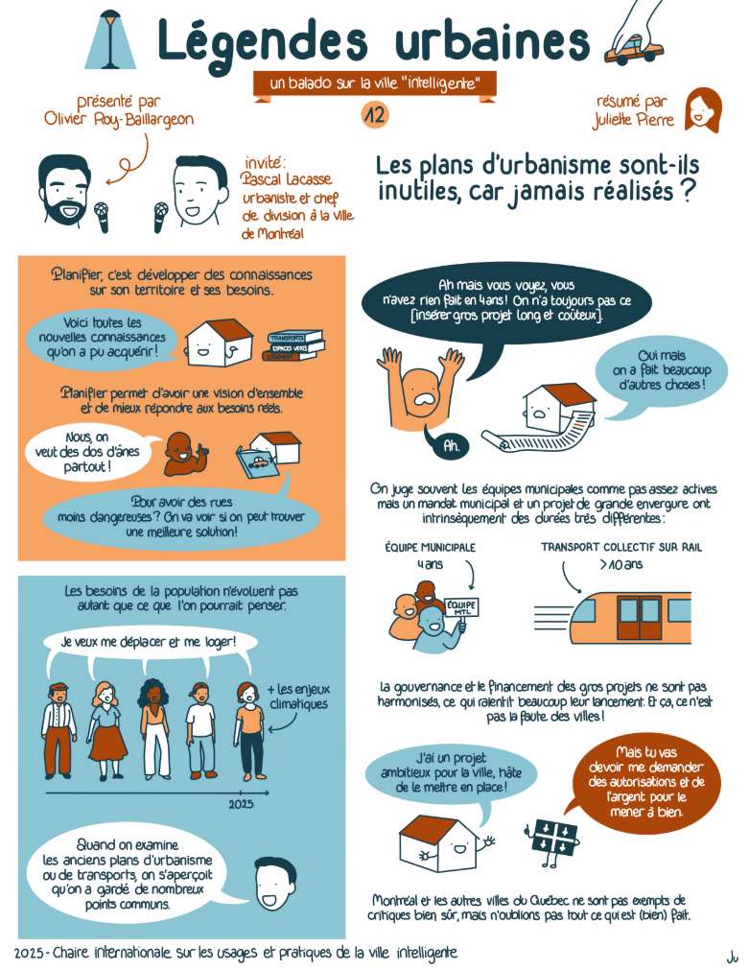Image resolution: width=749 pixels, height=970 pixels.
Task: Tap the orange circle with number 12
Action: (375, 115)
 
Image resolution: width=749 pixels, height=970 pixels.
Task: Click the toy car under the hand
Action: (633, 50)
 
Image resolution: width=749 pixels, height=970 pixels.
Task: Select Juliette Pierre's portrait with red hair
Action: (703, 110)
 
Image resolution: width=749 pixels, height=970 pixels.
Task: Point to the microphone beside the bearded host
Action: (102, 217)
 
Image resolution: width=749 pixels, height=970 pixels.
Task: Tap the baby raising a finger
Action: (183, 454)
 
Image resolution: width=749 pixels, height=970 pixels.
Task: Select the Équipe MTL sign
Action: (462, 606)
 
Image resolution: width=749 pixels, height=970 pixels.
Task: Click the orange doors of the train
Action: (640, 616)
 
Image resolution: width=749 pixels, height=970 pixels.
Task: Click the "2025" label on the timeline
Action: (241, 804)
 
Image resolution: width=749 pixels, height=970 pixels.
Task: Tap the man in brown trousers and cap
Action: (59, 730)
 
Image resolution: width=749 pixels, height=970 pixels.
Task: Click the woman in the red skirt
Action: (107, 730)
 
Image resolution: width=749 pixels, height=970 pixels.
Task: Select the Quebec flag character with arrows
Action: (553, 838)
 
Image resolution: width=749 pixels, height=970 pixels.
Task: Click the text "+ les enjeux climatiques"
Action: (298, 697)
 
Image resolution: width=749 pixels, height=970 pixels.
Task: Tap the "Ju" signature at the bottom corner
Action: (733, 958)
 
